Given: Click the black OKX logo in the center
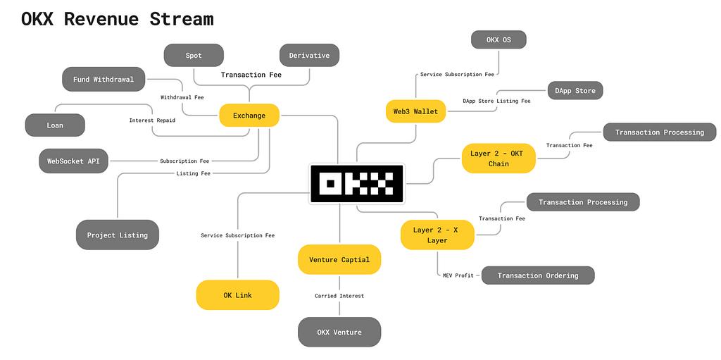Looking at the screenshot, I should tap(356, 185).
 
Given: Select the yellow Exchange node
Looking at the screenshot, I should tap(249, 115).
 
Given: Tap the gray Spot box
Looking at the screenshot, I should tap(194, 56).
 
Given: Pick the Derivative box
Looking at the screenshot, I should tap(309, 56).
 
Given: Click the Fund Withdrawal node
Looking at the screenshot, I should tap(103, 80).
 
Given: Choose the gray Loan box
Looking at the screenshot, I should tap(55, 125).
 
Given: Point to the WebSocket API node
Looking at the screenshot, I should tap(74, 161).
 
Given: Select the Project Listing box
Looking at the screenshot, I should tap(118, 235).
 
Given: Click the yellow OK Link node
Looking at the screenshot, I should tap(237, 295).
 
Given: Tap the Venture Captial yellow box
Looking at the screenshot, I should tap(339, 259).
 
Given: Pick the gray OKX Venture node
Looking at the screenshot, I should tap(339, 332).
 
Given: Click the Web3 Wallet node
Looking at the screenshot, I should tap(415, 111).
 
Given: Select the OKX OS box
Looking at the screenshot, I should tap(499, 40).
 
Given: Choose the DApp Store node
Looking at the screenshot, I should tap(575, 91).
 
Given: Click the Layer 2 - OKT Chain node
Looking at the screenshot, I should tap(499, 159).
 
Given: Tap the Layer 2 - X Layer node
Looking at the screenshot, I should tap(437, 235).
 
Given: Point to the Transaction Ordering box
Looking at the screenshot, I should tap(538, 275).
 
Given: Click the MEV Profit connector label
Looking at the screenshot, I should tap(458, 275).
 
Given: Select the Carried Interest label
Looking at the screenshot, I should tap(339, 296).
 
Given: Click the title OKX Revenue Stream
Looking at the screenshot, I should tap(117, 19).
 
